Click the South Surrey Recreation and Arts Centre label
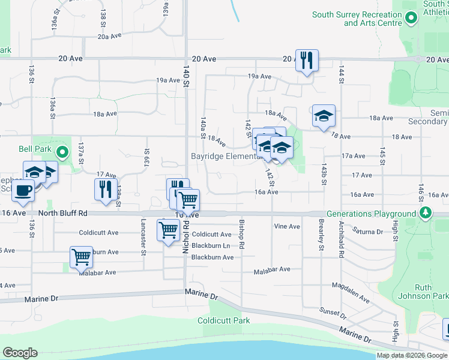tap(357, 19)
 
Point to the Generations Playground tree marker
tap(426, 213)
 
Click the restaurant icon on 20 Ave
tap(307, 60)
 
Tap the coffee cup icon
tap(23, 191)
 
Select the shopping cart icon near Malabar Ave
tap(81, 257)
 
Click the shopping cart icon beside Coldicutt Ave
tap(168, 230)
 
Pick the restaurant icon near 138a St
tap(106, 189)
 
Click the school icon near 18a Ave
tap(324, 115)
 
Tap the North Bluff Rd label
tap(63, 213)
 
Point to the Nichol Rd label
tap(186, 235)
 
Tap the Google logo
tap(20, 353)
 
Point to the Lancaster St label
tap(143, 243)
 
